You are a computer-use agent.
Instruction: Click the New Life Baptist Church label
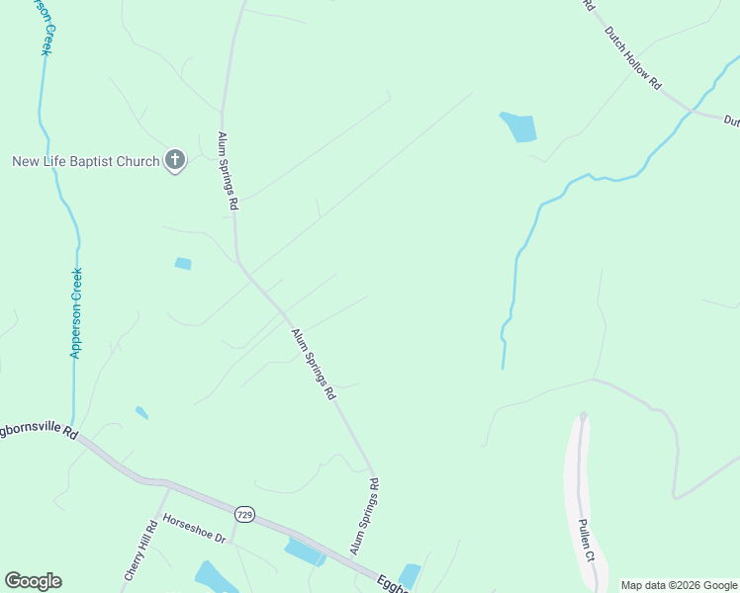[85, 161]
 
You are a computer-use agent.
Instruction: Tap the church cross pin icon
[175, 159]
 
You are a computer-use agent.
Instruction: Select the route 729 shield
[244, 514]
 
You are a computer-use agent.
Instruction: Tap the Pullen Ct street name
[586, 540]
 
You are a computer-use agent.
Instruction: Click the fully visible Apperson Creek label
[76, 312]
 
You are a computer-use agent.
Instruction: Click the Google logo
[33, 581]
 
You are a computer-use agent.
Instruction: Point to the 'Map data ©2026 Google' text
[679, 585]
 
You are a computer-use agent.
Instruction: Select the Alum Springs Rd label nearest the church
[229, 171]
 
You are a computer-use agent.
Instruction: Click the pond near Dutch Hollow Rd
[519, 127]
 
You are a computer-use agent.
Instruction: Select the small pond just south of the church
[183, 264]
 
